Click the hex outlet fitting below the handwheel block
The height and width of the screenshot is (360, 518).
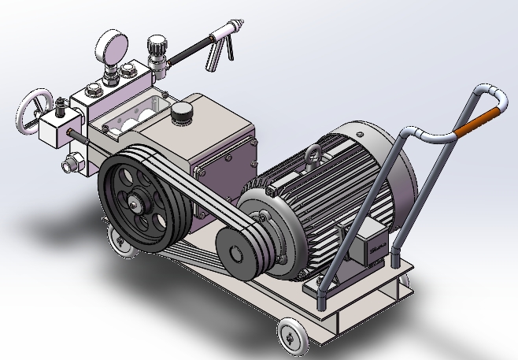70,165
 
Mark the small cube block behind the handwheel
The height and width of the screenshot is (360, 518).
55,128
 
